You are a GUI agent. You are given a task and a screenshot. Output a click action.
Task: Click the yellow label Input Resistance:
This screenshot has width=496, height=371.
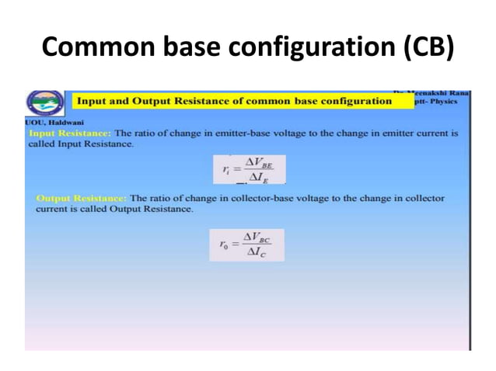coord(70,133)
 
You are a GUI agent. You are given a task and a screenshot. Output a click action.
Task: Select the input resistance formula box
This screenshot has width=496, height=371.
coord(249,169)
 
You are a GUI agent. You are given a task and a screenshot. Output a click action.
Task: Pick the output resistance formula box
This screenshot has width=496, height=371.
coord(246,244)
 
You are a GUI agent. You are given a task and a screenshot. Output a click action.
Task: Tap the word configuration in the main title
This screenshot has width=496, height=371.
coord(315,48)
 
